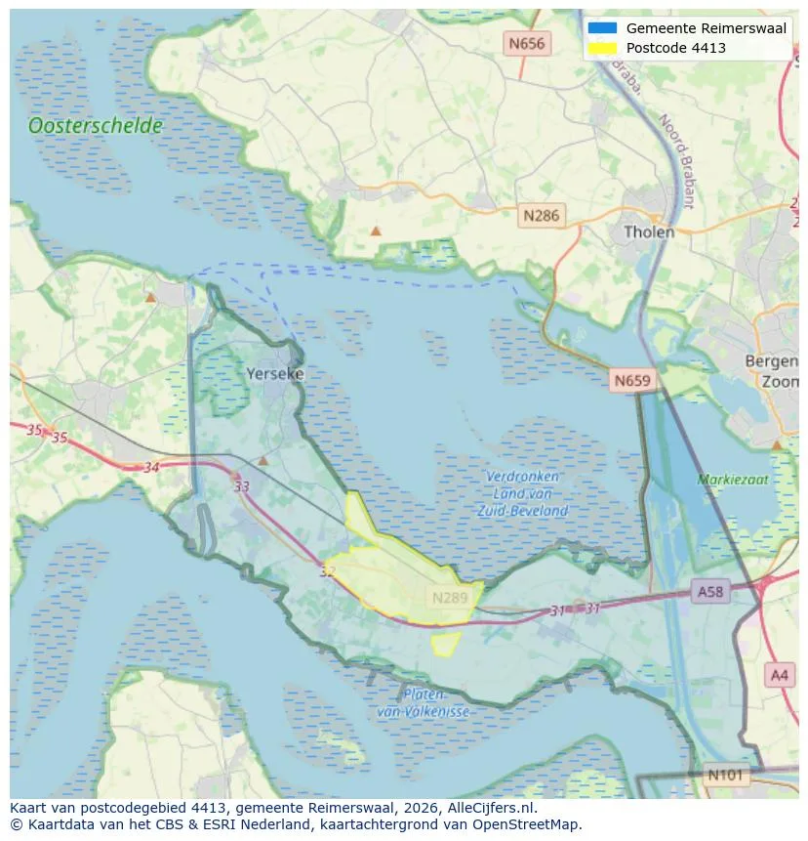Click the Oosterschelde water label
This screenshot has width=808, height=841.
click(96, 126)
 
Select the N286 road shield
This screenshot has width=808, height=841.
click(541, 216)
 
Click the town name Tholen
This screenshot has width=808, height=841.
click(649, 232)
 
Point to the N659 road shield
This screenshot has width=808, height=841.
click(632, 380)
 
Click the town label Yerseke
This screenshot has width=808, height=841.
click(275, 374)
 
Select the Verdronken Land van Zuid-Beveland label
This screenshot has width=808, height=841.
click(523, 493)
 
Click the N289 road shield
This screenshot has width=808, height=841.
click(450, 597)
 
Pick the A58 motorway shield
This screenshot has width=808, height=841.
click(710, 591)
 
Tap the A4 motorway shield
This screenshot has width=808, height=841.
click(779, 674)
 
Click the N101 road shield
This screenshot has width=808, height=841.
click(726, 775)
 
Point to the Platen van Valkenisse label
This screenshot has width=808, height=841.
click(424, 703)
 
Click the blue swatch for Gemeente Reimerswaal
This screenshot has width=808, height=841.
click(603, 28)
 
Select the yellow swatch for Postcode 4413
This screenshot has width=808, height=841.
click(603, 48)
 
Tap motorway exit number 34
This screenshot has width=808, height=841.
click(151, 468)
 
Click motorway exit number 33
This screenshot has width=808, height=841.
click(241, 485)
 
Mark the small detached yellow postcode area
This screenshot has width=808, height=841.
click(446, 644)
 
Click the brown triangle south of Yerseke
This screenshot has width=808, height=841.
click(263, 460)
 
